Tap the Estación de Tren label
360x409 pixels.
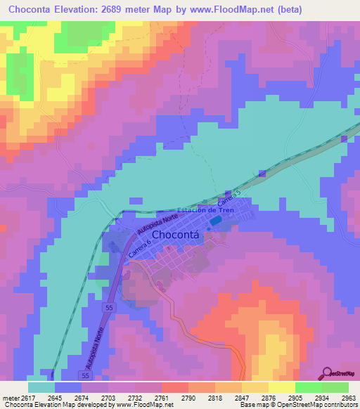205,210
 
